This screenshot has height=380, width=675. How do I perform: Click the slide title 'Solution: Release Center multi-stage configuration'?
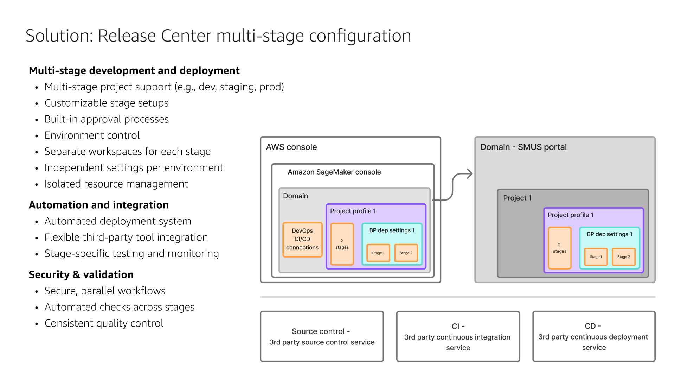[218, 36]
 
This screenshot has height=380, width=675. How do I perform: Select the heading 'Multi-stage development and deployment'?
[134, 70]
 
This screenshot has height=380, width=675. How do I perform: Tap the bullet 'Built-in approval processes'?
[107, 119]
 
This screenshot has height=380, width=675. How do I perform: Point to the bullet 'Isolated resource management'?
[116, 184]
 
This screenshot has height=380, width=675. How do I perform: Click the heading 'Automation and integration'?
[98, 205]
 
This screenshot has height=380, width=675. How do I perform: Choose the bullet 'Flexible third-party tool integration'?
[126, 237]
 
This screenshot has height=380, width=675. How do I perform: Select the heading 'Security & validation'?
[81, 274]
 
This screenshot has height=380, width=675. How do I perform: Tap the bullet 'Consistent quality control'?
[104, 323]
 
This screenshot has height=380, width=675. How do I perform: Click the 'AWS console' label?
[291, 147]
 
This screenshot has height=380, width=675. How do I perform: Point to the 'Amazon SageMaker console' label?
[334, 172]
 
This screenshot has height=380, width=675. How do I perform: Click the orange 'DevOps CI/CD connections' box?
[302, 239]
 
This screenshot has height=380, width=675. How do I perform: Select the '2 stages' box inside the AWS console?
[342, 244]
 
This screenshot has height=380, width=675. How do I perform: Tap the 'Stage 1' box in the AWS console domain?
[378, 253]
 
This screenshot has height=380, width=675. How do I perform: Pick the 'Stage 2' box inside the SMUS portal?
[623, 257]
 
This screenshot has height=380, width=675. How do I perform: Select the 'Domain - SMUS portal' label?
[523, 147]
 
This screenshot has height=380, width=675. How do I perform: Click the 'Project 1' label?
[517, 198]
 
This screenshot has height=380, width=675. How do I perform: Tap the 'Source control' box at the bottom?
[322, 336]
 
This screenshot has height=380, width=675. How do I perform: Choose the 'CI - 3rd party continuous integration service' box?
[458, 336]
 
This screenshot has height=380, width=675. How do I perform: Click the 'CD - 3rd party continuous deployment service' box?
[593, 336]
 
